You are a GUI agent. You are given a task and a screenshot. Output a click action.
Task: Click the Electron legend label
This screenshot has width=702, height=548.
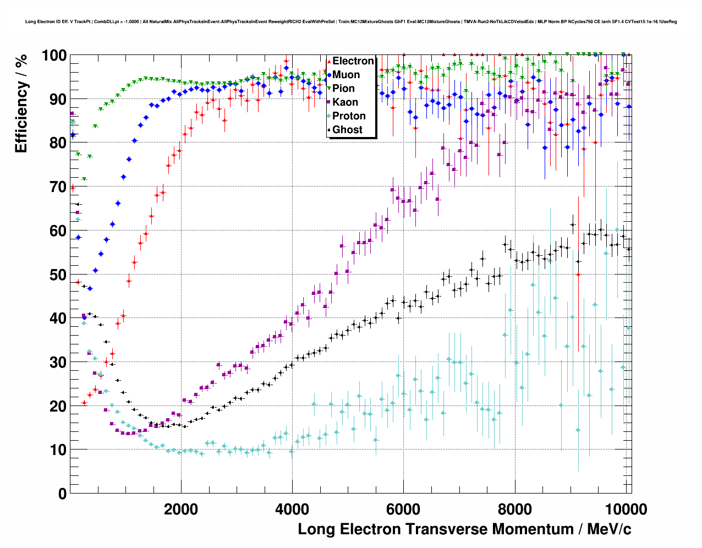click(353, 61)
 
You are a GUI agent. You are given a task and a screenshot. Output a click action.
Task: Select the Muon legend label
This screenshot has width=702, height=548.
click(346, 75)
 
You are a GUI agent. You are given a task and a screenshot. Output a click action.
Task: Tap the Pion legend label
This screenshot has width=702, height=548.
click(344, 89)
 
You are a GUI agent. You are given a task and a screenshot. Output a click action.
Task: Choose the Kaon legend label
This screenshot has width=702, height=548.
click(345, 102)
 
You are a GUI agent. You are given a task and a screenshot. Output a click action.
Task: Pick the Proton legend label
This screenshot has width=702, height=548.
click(349, 116)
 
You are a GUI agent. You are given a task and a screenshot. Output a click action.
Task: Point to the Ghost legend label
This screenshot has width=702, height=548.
click(347, 130)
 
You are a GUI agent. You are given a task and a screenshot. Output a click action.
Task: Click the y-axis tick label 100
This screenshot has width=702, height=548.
click(54, 56)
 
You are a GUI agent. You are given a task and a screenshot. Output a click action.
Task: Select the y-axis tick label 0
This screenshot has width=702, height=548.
click(62, 494)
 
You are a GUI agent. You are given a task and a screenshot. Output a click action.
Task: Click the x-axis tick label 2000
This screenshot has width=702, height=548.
click(181, 509)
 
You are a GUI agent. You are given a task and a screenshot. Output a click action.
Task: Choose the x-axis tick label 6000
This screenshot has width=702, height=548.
click(403, 509)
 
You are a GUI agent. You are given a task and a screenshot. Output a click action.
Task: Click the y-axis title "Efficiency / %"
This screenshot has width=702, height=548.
click(21, 103)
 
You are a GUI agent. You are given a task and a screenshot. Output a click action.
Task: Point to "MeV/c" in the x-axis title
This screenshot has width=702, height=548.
click(609, 529)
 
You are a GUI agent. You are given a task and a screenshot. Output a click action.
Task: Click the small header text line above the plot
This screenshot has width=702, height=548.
click(351, 22)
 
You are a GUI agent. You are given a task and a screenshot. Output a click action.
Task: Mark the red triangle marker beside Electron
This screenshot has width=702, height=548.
click(329, 61)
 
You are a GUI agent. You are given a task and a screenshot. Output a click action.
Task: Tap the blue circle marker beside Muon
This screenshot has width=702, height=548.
click(329, 75)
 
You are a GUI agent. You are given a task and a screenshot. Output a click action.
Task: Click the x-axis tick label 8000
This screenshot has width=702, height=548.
click(514, 509)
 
